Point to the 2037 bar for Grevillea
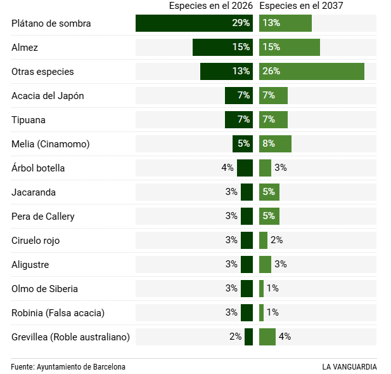point(267,337)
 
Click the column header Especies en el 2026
point(210,6)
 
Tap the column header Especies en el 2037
point(302,6)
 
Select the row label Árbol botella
point(38,168)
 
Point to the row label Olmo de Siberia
point(44,289)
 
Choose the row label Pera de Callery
point(43,217)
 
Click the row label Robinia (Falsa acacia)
point(58,313)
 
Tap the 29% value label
point(241,23)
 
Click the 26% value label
point(271,72)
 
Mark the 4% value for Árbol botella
point(228,168)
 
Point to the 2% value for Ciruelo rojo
point(276,240)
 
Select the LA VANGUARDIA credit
point(349,367)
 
